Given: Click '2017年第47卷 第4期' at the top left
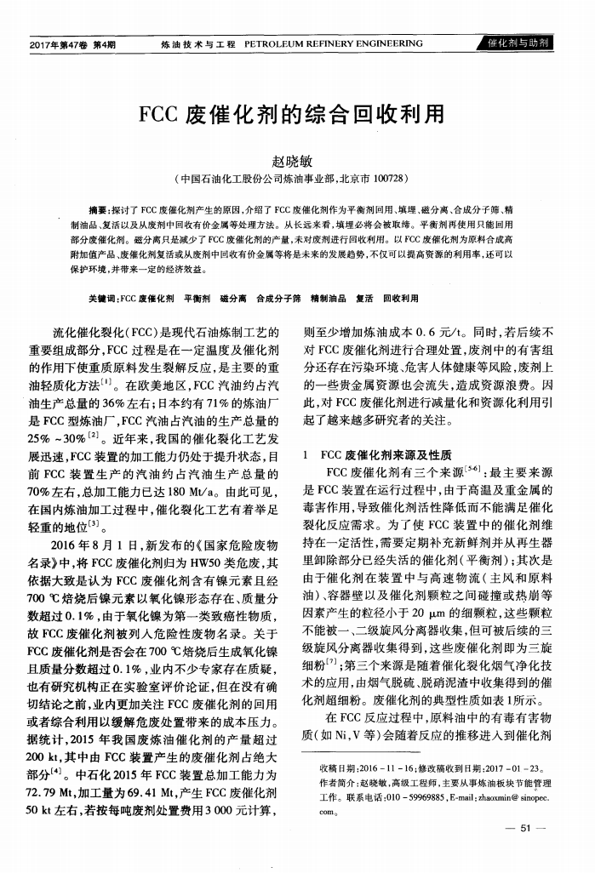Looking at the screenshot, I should [x=72, y=44].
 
